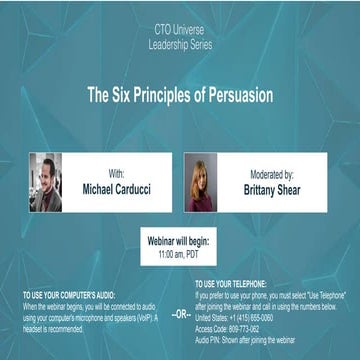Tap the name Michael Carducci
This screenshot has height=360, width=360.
pos(118,188)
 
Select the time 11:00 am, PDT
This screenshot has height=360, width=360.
pos(180,254)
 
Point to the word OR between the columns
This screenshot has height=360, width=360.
pos(180,314)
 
